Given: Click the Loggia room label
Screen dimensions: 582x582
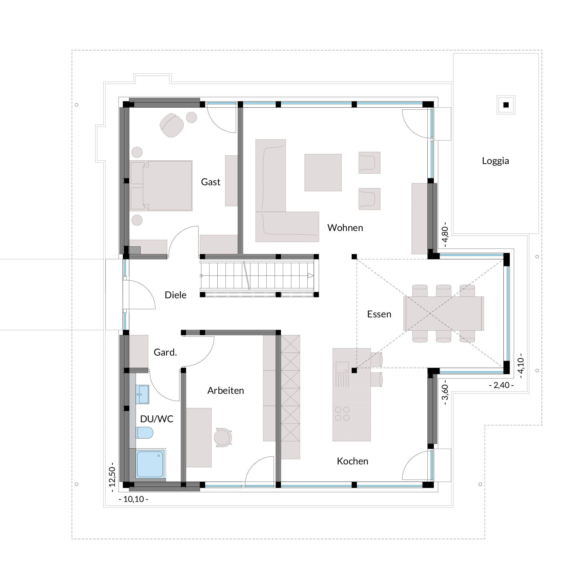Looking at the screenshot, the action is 495,161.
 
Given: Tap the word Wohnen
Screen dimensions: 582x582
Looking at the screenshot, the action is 345,228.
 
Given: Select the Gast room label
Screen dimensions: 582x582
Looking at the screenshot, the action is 211,182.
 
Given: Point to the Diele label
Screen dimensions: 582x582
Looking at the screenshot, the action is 176,295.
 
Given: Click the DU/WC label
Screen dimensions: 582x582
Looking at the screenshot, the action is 157,419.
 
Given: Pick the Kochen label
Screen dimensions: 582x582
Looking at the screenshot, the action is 353,461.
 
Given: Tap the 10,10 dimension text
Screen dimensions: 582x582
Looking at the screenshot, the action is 133,499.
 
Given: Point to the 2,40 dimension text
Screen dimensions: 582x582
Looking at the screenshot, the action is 501,385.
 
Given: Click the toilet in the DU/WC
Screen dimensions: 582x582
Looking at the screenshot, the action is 144,433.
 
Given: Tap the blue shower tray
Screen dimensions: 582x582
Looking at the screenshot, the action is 150,464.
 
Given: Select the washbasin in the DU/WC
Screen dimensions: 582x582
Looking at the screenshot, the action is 142,394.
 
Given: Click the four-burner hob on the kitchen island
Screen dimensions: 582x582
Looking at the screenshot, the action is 342,414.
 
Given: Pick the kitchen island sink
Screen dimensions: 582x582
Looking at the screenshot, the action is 342,367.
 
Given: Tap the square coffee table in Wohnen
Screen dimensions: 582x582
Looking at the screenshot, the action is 323,172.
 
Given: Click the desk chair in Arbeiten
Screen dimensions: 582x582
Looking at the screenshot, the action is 223,437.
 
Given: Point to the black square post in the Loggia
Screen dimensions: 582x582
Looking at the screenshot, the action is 506,105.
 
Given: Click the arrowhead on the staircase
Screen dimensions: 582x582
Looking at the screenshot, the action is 310,276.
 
